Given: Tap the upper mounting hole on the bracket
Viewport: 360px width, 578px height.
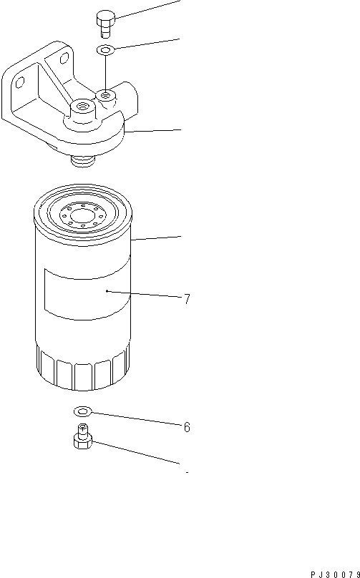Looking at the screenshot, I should point(66,58).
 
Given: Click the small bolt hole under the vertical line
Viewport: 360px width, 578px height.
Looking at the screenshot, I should point(106,93).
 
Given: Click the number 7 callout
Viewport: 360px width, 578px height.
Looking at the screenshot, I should point(187,300).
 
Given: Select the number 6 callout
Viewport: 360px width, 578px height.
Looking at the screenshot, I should point(187,427).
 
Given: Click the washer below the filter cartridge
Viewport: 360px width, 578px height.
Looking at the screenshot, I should point(82,411).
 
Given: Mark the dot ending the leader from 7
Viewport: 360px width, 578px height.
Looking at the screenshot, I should point(106,291).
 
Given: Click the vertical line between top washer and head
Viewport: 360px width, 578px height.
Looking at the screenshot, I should point(105,72).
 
